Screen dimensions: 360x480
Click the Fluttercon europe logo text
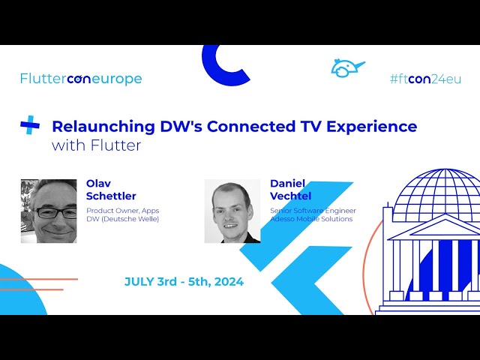tap(81, 79)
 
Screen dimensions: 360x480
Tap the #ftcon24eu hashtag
tap(424, 79)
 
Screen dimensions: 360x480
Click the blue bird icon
tap(346, 68)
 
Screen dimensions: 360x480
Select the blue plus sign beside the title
tap(30, 125)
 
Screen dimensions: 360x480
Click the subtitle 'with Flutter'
tap(96, 145)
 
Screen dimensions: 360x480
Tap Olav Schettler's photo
tap(49, 211)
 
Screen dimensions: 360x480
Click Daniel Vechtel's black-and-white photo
tap(232, 211)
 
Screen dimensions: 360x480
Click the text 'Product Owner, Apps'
tap(122, 211)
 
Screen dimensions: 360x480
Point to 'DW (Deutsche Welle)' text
tap(122, 219)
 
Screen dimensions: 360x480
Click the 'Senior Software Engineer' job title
tap(313, 211)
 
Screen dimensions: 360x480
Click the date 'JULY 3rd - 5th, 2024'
tap(184, 282)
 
